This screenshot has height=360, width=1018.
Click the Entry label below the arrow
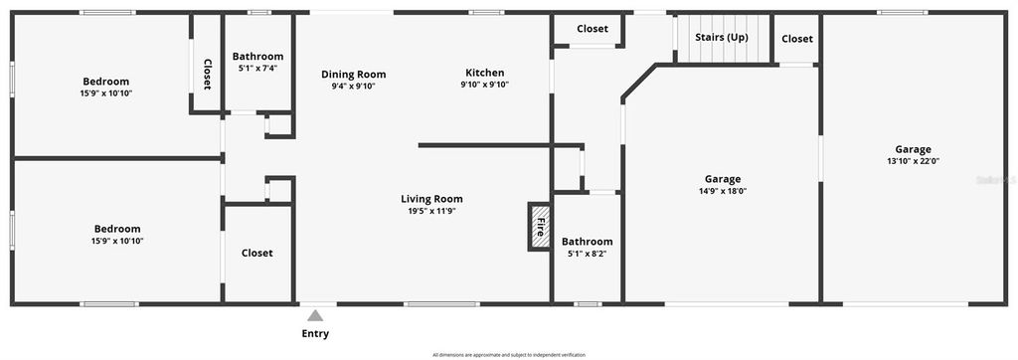tap(315, 334)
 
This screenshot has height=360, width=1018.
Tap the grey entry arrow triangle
tap(315, 315)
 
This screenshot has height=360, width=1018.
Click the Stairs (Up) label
tap(722, 38)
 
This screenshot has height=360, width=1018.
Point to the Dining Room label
tap(353, 75)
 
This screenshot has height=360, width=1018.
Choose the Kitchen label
tap(484, 73)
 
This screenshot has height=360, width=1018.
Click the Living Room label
tap(431, 199)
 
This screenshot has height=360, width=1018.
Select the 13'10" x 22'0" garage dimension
tap(913, 161)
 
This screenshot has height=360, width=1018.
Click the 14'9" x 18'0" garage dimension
tap(723, 192)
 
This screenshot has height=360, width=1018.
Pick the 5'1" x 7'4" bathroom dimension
tap(257, 69)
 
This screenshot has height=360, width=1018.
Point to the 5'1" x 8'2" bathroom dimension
tap(587, 254)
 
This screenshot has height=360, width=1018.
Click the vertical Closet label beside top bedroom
tap(207, 75)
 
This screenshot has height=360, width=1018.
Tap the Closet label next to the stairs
tap(796, 39)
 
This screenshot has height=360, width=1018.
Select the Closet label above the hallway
tap(592, 29)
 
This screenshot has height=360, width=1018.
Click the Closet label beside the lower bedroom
tap(256, 254)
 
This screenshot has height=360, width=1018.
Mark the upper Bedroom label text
tap(105, 82)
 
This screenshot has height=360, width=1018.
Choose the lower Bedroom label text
tap(116, 229)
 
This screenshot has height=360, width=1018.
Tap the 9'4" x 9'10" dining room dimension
tap(353, 86)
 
